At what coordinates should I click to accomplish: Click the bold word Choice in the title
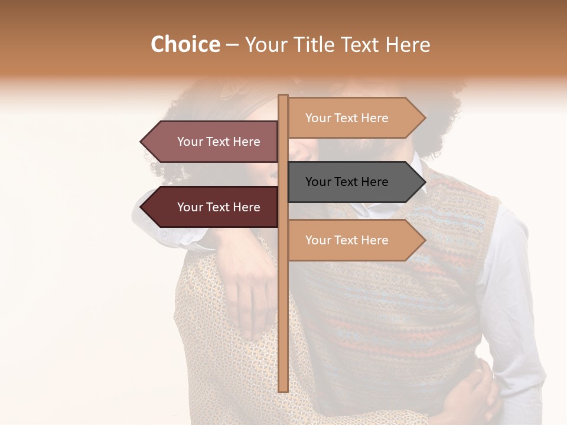tap(185, 44)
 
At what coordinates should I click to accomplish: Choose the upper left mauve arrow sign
tap(213, 142)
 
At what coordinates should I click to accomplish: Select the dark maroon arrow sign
tap(213, 207)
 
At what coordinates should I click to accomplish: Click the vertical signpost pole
tap(283, 295)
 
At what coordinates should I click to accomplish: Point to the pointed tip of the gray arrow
tap(424, 182)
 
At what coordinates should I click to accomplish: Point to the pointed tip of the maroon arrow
tap(142, 207)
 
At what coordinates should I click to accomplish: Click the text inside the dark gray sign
tap(347, 182)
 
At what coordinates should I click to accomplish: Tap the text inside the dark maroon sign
tap(219, 207)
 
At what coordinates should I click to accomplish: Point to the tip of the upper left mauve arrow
tap(142, 142)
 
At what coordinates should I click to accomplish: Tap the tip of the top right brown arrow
tap(424, 118)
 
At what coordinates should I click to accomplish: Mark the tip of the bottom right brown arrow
tap(424, 240)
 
